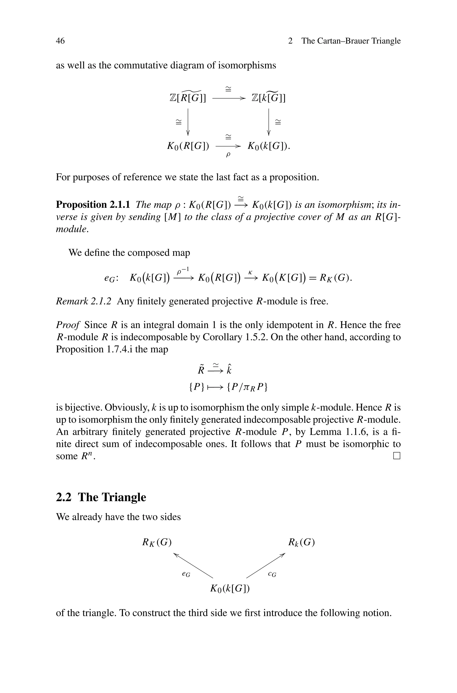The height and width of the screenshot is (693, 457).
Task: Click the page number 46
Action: [60, 41]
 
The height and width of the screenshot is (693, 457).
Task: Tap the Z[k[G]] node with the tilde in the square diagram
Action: [268, 97]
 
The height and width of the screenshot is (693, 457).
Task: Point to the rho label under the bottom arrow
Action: [228, 154]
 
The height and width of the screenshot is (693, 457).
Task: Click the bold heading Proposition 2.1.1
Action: [93, 205]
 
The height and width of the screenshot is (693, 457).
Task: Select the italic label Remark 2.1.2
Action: [84, 301]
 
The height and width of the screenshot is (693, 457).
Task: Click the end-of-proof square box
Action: [397, 456]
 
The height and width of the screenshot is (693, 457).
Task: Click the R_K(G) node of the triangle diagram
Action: [156, 542]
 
